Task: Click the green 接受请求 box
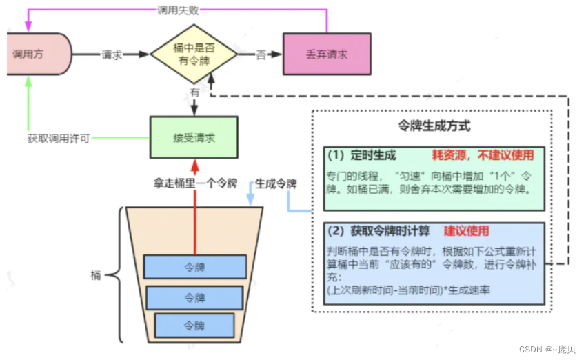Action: tap(194, 137)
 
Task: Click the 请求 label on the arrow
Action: tap(112, 54)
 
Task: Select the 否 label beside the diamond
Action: tap(261, 54)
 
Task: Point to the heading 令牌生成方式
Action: tap(435, 126)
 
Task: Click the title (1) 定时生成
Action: tap(363, 154)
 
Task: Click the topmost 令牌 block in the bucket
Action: tap(195, 266)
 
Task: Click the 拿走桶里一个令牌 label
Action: tap(195, 184)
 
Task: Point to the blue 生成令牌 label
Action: tap(276, 184)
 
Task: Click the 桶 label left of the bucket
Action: tap(96, 276)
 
